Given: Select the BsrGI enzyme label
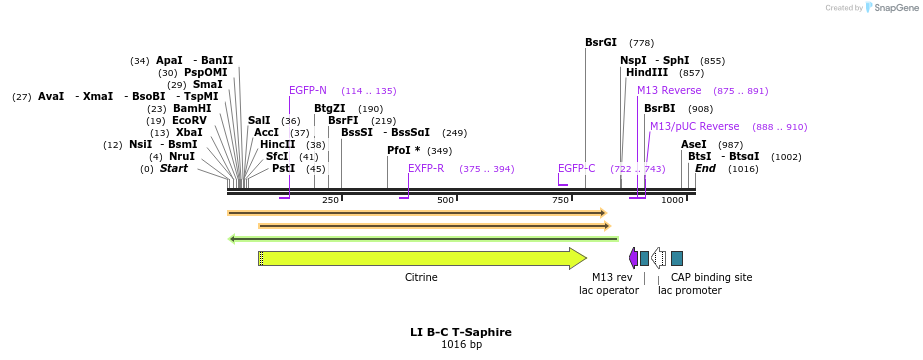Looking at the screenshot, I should point(601,43).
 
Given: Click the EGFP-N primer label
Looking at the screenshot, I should point(308,91).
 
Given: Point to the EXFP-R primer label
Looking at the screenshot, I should point(426,168).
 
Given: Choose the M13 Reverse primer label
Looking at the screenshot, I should point(669,91).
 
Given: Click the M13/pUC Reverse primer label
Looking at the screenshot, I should point(694,127).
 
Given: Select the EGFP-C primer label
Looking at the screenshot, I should point(577,168).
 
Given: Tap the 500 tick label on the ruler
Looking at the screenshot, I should point(445,201).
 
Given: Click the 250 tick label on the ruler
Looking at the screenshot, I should point(330,201).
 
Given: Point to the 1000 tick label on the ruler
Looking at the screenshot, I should point(672,201).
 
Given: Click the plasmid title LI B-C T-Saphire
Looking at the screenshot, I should point(461,332).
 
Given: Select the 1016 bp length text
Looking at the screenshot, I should point(461,345).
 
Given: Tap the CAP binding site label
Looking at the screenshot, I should point(711,278).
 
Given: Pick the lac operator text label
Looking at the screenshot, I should point(608,291).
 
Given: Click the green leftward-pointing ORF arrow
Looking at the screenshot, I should point(423,239).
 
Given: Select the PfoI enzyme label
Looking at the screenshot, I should point(403,151).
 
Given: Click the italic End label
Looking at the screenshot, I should point(705,169).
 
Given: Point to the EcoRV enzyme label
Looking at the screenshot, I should point(189,120).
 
